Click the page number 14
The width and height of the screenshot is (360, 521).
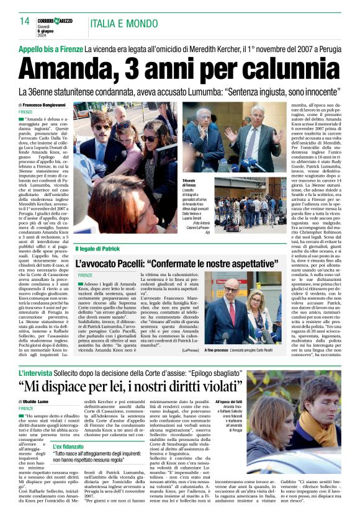click(25, 21)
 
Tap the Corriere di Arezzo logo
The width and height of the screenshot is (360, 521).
click(55, 21)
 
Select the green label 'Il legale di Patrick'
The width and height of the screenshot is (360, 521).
click(98, 249)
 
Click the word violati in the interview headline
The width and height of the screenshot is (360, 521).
click(210, 387)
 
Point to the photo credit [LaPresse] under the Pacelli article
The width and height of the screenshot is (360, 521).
click(191, 350)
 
